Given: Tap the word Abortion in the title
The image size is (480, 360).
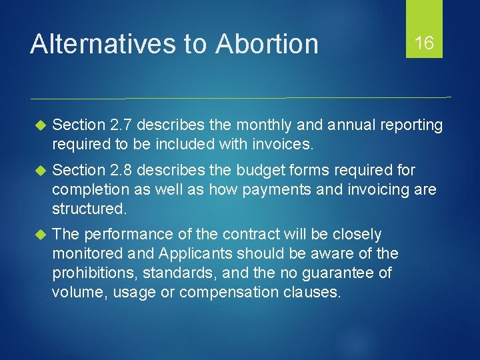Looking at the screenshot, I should [267, 44].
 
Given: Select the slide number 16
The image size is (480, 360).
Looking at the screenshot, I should [424, 44].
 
